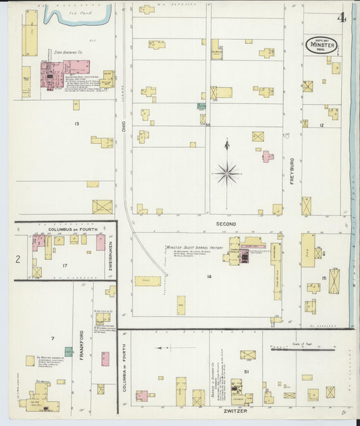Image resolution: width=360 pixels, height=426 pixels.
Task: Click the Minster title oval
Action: click(321, 45)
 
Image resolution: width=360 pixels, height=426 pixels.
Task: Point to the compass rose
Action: click(227, 173)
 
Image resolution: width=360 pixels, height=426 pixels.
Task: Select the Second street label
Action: click(226, 223)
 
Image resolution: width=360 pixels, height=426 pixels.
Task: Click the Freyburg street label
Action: click(293, 165)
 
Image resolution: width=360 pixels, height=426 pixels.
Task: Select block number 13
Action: click(77, 124)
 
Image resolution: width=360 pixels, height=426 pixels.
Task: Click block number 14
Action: click(209, 277)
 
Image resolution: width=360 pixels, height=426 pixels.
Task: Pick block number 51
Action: click(247, 371)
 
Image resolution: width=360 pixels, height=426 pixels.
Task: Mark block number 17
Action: click(65, 265)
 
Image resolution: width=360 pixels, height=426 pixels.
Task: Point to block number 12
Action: click(322, 126)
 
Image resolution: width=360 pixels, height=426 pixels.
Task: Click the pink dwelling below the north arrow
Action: click(267, 157)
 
